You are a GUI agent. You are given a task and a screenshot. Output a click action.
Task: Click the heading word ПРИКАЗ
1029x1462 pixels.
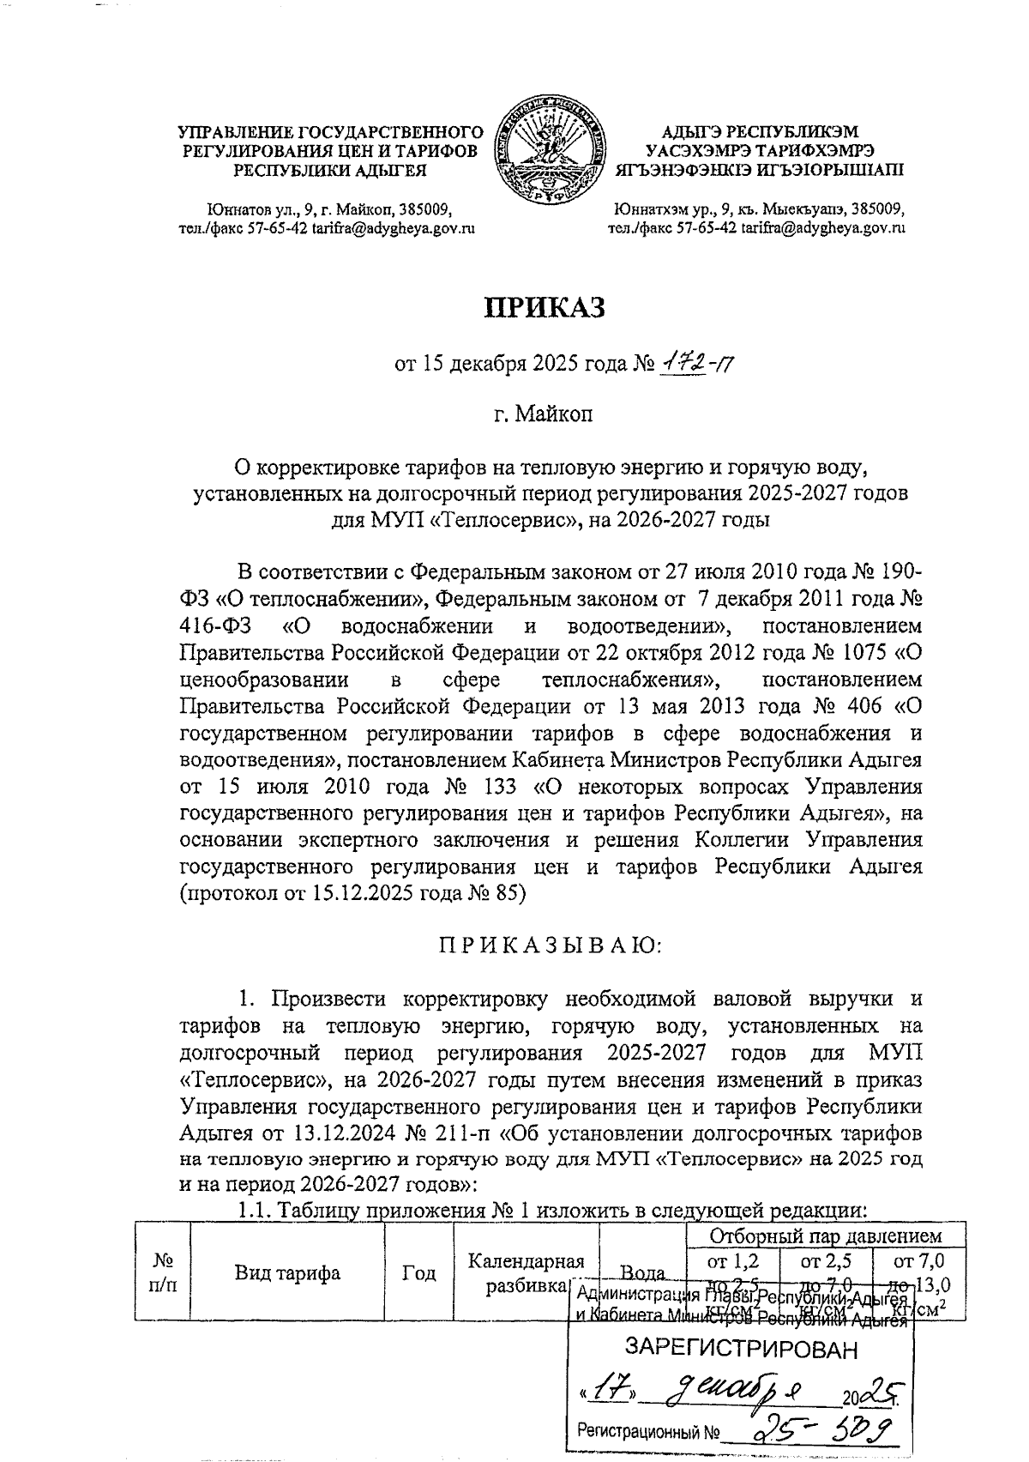(545, 307)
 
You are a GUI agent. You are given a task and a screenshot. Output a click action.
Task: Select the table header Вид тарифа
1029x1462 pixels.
(287, 1272)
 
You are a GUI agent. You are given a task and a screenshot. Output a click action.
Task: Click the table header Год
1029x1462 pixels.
(418, 1272)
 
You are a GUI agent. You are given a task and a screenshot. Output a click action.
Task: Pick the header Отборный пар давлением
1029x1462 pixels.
(826, 1236)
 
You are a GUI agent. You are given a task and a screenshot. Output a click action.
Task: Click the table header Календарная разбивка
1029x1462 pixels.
(526, 1272)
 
